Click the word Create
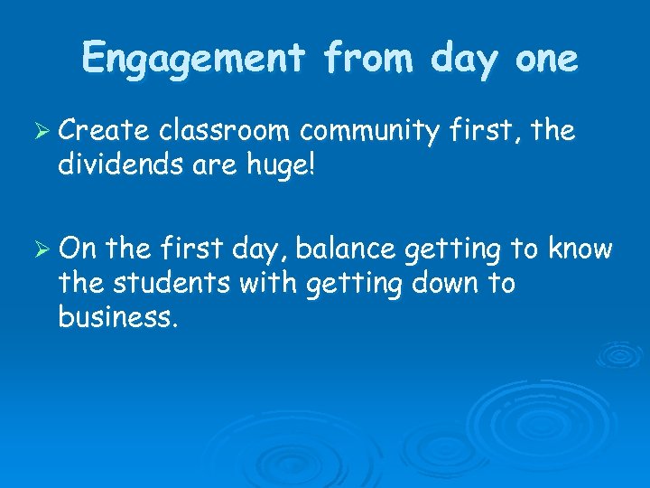(104, 132)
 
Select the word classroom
(226, 132)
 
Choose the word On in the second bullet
(77, 249)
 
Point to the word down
(440, 284)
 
